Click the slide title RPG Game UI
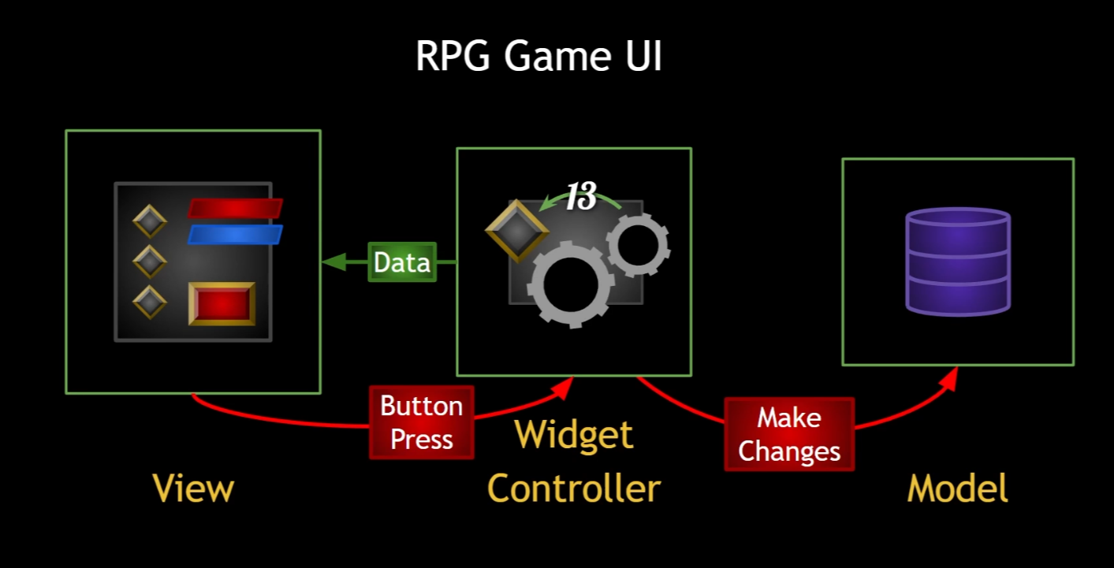[538, 57]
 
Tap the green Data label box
[402, 262]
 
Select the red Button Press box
[422, 422]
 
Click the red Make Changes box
[789, 434]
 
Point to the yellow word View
[193, 488]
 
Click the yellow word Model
[957, 488]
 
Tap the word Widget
[574, 435]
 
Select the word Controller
[574, 488]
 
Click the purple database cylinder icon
[958, 262]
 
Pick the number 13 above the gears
[581, 197]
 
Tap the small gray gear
[638, 246]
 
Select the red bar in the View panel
[234, 208]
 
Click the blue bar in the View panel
[234, 235]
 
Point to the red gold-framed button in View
[222, 303]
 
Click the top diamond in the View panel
[150, 221]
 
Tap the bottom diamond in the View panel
[150, 301]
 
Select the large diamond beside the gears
[517, 231]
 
